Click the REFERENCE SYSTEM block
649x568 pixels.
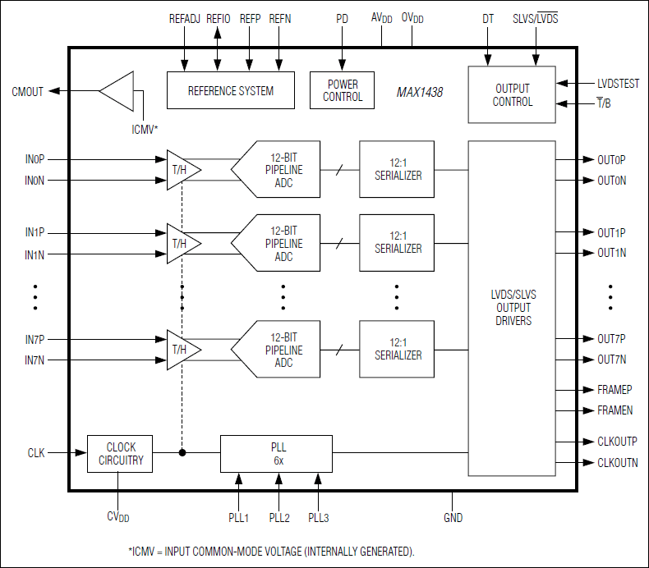[x=231, y=90]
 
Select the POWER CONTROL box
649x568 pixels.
[x=343, y=90]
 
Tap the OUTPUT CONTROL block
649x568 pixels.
[x=512, y=95]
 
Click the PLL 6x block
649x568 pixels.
[x=276, y=454]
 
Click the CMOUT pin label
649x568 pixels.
[x=28, y=91]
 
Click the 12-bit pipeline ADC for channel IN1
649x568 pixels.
[x=279, y=244]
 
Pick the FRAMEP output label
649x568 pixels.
[x=614, y=390]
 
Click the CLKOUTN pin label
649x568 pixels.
[x=617, y=463]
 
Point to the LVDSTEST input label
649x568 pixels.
[x=618, y=83]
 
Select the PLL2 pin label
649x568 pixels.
[x=279, y=517]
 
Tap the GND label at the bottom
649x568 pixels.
[x=452, y=517]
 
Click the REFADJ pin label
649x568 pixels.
[x=185, y=18]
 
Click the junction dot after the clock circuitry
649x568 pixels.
[x=182, y=452]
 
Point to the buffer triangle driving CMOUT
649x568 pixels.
[x=118, y=91]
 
